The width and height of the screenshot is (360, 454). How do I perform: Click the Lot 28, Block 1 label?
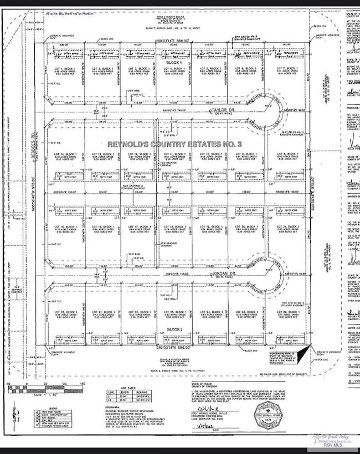click(65, 314)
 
